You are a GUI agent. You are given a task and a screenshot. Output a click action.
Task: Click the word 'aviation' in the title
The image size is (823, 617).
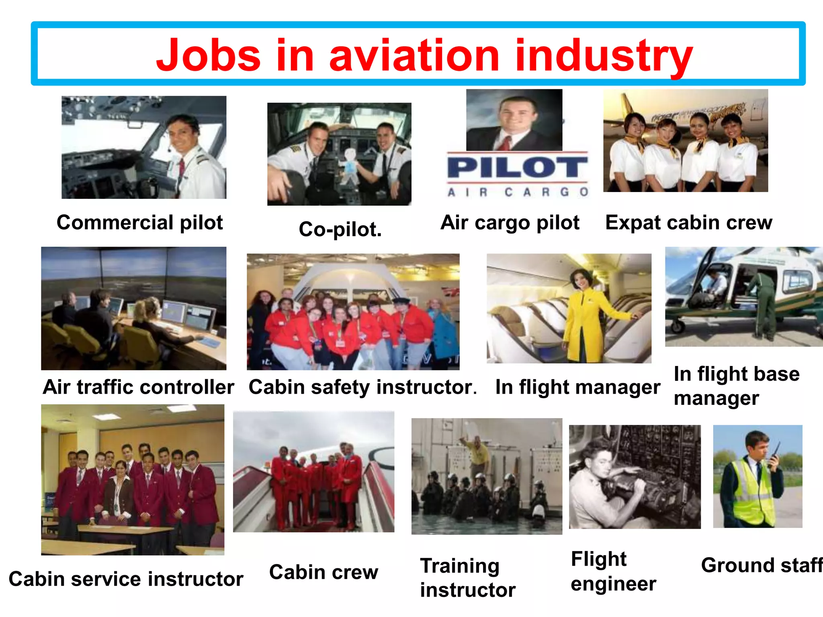coord(414,56)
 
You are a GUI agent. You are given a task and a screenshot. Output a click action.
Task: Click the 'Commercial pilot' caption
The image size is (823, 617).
coord(139,223)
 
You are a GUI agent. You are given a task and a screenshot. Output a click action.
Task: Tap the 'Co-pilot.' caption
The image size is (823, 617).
coord(340,229)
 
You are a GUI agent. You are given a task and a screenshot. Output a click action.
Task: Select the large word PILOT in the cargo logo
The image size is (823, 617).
coord(517,168)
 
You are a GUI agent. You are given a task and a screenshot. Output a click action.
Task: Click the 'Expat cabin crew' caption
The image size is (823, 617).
coord(688,223)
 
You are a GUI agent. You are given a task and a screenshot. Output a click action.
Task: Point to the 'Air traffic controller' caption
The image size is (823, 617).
coord(138,387)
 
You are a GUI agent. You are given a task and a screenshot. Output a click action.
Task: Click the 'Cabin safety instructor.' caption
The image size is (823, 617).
coord(362,387)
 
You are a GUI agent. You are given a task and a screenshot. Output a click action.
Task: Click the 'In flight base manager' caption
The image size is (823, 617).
coord(736,386)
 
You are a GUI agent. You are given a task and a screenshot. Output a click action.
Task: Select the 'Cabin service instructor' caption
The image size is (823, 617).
coord(126,579)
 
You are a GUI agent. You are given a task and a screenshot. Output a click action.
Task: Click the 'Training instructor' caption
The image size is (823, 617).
coord(467,578)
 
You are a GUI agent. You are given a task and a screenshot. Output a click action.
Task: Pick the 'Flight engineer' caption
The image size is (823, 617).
coord(613,571)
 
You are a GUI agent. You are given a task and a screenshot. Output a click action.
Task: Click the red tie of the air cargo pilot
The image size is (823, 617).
coord(507,143)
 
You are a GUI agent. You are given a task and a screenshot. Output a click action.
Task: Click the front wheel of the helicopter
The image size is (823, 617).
coord(678,326)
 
